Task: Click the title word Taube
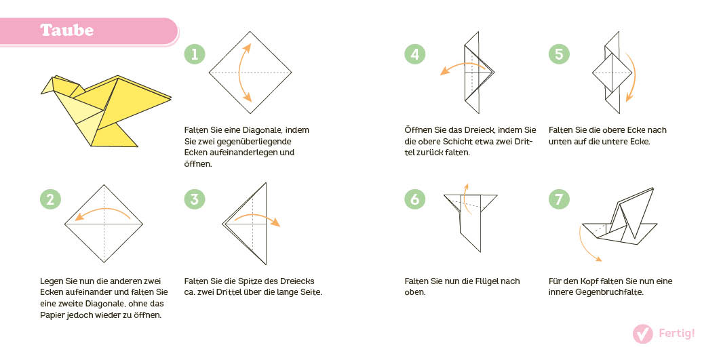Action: pyautogui.click(x=66, y=31)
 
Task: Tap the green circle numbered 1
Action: pyautogui.click(x=195, y=54)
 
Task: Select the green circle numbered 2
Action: pyautogui.click(x=50, y=199)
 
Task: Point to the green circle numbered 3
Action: pyautogui.click(x=195, y=199)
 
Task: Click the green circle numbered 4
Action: pyautogui.click(x=415, y=54)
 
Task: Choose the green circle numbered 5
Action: pyautogui.click(x=559, y=54)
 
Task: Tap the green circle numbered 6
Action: pyautogui.click(x=415, y=199)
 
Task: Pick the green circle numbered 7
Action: pyautogui.click(x=559, y=199)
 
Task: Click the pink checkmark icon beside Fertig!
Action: pyautogui.click(x=642, y=334)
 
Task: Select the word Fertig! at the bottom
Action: pyautogui.click(x=677, y=334)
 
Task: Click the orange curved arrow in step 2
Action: pyautogui.click(x=102, y=212)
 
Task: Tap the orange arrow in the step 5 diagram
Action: pyautogui.click(x=631, y=78)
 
